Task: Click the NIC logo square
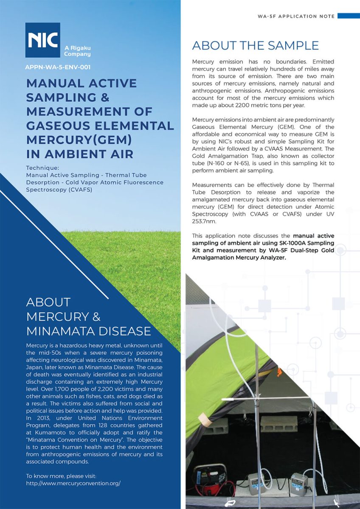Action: click(x=42, y=40)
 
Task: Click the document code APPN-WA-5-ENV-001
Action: click(x=58, y=67)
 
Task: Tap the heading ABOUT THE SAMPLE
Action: click(x=255, y=45)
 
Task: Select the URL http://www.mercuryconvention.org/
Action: click(x=73, y=483)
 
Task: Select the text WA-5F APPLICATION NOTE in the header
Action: click(x=296, y=16)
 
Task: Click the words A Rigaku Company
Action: click(x=77, y=51)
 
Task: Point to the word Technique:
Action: click(x=42, y=168)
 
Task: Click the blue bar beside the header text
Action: click(x=349, y=16)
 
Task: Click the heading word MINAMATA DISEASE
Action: click(x=89, y=331)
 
